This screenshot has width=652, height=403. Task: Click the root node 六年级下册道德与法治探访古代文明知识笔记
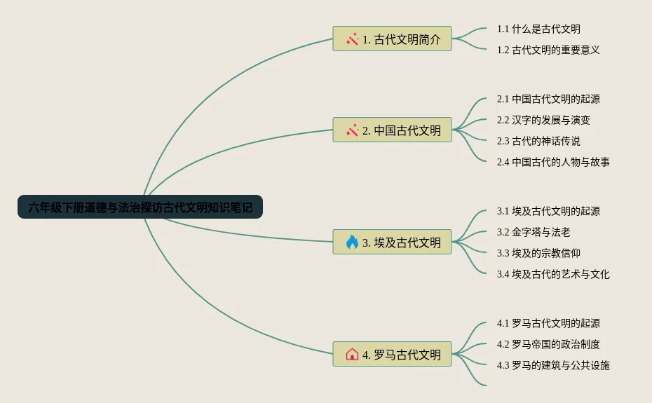tap(140, 207)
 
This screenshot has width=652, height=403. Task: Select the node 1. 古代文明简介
tap(392, 39)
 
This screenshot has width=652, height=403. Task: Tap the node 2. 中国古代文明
tap(392, 130)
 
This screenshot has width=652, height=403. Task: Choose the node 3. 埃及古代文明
tap(392, 242)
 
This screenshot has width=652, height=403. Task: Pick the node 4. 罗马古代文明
tap(392, 354)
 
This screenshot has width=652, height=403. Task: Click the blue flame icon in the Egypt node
tap(352, 242)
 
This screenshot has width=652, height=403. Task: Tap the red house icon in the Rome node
tap(352, 354)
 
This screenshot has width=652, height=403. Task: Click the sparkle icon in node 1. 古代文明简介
tap(352, 39)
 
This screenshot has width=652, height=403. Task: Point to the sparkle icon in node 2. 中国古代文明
tap(352, 130)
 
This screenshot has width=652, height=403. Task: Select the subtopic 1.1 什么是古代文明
tap(538, 29)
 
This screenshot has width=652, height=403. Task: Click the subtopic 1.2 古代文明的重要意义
tap(548, 50)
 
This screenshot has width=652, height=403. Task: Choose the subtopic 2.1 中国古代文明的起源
tap(548, 99)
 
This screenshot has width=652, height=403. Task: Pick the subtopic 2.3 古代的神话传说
tap(538, 141)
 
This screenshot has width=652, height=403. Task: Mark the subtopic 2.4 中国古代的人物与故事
tap(553, 162)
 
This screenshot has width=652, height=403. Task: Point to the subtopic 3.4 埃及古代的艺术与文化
tap(553, 274)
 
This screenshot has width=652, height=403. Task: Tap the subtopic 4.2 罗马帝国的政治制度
tap(548, 344)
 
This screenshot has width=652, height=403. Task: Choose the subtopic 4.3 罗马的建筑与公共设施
tap(553, 365)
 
